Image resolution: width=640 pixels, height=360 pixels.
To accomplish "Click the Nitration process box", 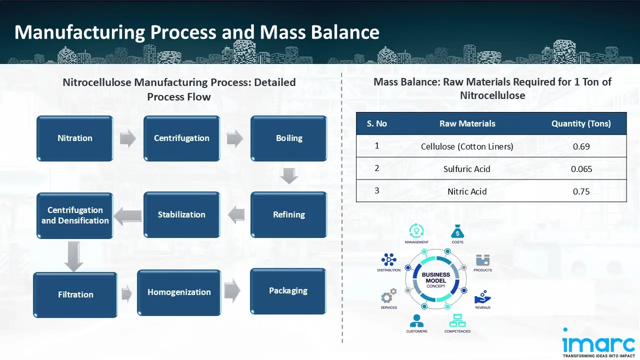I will click(75, 138).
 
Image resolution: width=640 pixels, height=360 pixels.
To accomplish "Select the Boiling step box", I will click(288, 138).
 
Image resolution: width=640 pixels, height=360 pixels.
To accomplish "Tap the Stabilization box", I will click(181, 214).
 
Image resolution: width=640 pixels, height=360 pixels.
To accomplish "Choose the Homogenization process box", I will click(179, 292).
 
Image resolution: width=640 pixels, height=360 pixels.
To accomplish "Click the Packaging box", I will click(288, 291).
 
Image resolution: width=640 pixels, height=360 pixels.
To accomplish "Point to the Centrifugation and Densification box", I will click(75, 215).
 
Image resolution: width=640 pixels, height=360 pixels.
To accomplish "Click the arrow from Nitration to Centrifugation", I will click(128, 138).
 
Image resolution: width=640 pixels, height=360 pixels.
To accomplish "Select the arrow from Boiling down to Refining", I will click(289, 176).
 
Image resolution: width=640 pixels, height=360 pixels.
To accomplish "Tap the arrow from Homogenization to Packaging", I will click(232, 291).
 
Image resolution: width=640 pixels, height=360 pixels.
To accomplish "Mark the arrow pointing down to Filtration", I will click(74, 255).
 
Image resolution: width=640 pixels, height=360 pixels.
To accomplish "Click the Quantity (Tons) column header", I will click(581, 123).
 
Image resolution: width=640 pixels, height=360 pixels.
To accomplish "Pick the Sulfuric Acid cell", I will click(467, 169).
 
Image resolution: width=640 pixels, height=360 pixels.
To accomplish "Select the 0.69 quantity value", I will click(581, 146).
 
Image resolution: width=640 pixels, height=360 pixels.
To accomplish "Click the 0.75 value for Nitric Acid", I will click(581, 191).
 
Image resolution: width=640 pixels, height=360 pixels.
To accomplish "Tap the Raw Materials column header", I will click(467, 123).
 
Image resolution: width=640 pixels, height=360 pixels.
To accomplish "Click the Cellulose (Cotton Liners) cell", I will click(467, 146).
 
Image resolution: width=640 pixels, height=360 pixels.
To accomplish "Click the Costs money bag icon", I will click(457, 231).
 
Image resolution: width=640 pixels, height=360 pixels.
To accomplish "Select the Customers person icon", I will click(416, 320).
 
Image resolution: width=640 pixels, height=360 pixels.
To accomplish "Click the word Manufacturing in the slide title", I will click(79, 32).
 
